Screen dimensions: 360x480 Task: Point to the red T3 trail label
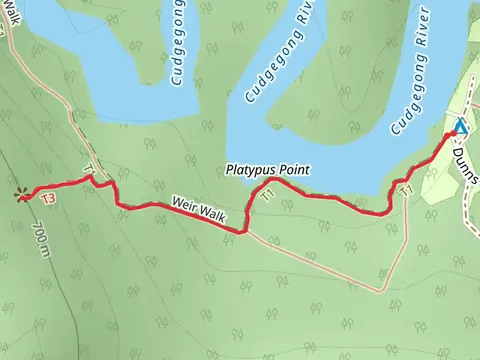[x=48, y=200]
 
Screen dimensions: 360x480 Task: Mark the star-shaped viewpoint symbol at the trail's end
[x=21, y=195]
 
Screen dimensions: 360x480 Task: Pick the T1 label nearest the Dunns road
[x=405, y=189]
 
